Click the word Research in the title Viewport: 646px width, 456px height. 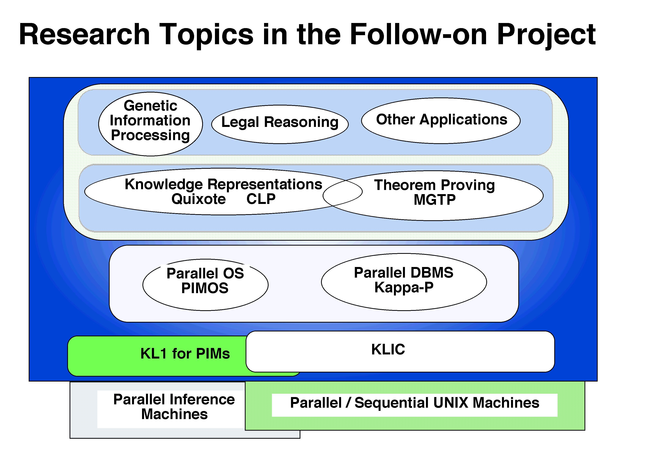pos(84,34)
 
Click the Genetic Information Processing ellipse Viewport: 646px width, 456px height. pos(150,124)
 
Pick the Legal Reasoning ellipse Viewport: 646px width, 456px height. pos(280,124)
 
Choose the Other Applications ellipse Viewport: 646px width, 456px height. pos(441,121)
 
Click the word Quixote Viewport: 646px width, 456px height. pos(199,199)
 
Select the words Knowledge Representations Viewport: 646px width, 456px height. pos(223,184)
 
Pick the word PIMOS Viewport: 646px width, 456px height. pos(205,288)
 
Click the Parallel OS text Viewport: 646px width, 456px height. pos(205,273)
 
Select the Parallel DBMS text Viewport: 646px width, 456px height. pos(404,272)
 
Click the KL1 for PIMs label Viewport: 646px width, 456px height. pos(185,354)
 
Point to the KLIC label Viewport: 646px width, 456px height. pos(388,349)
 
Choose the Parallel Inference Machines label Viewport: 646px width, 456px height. pos(174,407)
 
